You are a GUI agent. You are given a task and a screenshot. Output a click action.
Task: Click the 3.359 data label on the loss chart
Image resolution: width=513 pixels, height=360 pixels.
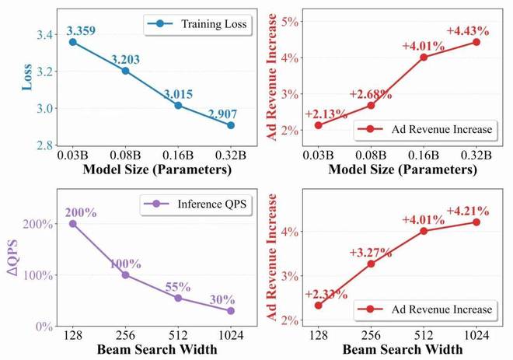pyautogui.click(x=84, y=31)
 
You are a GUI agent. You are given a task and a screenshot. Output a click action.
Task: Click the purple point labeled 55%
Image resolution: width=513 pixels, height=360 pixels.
pyautogui.click(x=178, y=298)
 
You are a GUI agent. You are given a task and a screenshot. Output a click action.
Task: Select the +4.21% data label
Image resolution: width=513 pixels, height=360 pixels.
pyautogui.click(x=468, y=210)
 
